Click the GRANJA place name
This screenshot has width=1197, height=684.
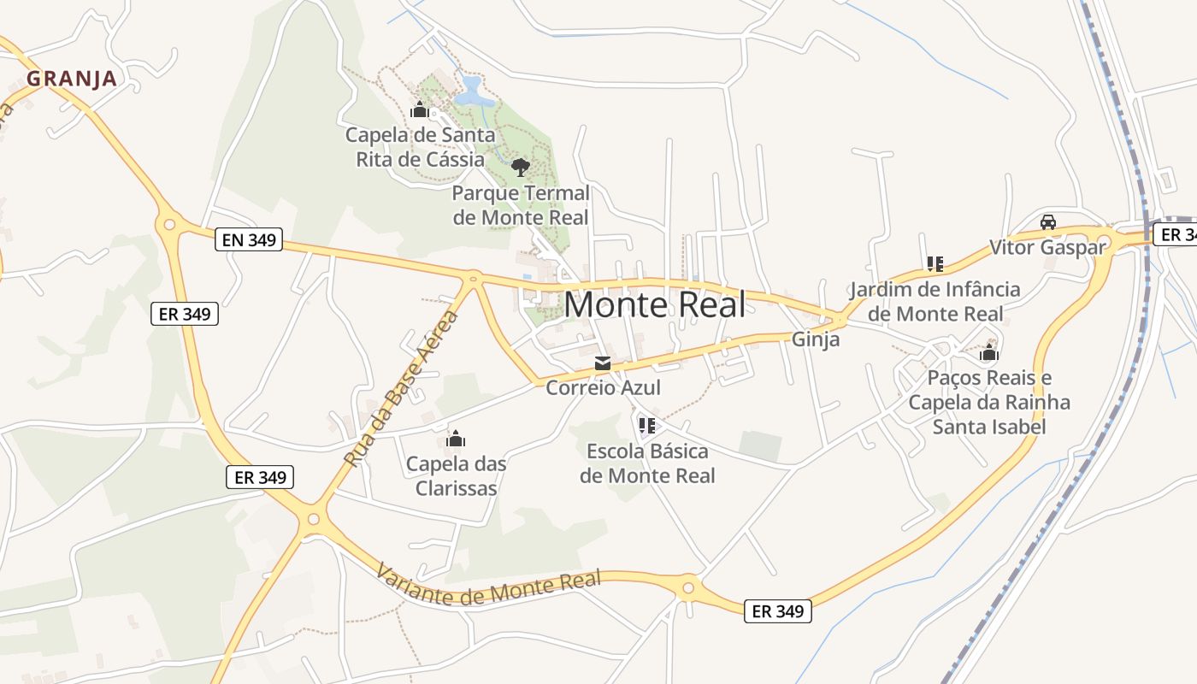click(71, 79)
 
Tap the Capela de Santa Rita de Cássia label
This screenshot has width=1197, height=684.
click(420, 147)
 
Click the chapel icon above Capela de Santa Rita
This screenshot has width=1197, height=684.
click(420, 109)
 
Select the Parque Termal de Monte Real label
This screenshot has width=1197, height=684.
click(521, 205)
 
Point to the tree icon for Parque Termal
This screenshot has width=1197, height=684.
click(520, 167)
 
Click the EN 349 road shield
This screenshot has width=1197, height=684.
click(250, 239)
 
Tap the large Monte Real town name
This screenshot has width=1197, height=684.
click(654, 304)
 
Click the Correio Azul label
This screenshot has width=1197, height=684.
click(603, 388)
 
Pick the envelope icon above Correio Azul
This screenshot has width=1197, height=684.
click(603, 364)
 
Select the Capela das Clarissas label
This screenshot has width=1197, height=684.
click(456, 476)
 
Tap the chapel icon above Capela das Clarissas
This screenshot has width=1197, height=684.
click(456, 439)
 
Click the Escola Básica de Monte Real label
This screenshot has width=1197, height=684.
click(647, 463)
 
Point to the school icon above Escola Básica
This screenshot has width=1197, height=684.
click(647, 424)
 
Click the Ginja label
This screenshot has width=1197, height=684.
click(816, 339)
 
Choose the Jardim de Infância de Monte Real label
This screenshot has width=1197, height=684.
click(935, 301)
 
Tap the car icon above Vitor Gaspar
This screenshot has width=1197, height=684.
click(1047, 222)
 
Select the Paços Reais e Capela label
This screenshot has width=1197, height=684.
click(989, 402)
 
